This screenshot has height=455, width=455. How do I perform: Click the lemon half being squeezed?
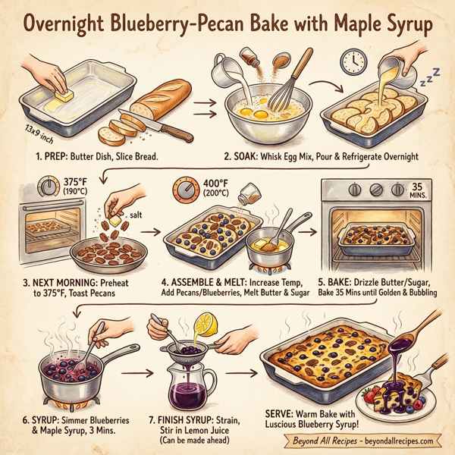(204, 327)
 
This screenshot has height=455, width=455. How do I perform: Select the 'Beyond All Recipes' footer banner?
(362, 441)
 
